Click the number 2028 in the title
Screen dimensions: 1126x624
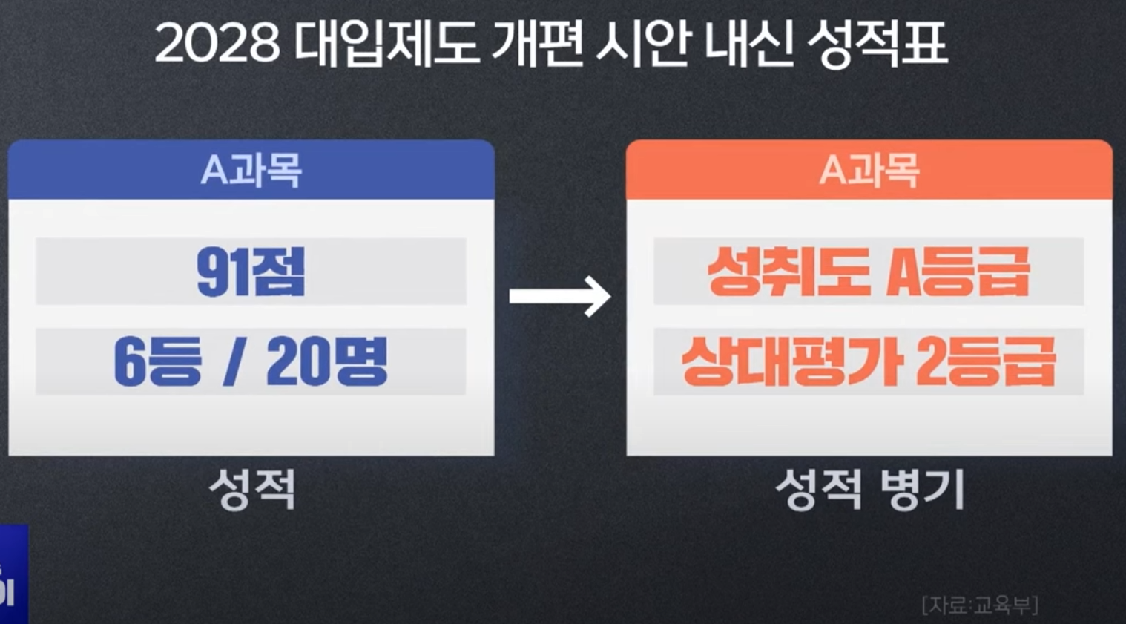(x=217, y=45)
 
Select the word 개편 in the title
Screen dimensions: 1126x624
(x=537, y=45)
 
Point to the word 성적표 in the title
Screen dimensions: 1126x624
(x=877, y=45)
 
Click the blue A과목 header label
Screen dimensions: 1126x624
(x=251, y=171)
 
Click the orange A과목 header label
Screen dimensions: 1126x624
(x=869, y=171)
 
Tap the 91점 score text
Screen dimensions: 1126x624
(x=251, y=272)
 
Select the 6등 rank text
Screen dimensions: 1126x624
(x=157, y=362)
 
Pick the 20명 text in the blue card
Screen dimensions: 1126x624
(x=326, y=362)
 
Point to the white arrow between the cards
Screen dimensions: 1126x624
(x=560, y=296)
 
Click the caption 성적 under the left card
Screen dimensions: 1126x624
(x=252, y=489)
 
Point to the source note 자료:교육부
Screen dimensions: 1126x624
(x=979, y=605)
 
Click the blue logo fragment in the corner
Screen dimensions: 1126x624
(x=13, y=575)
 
